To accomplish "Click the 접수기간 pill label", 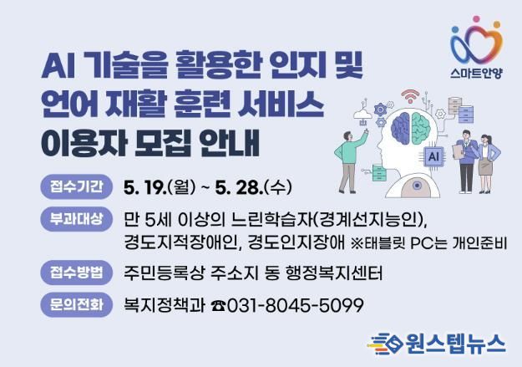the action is (76, 186).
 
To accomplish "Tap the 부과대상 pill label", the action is (76, 219).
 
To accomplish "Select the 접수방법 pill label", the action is (76, 273).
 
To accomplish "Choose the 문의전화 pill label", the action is (76, 304).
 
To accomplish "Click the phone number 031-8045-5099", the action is (295, 305).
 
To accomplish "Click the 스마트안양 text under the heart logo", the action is (476, 73).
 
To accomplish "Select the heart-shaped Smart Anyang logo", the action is (476, 40).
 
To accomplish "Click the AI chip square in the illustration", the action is (433, 156).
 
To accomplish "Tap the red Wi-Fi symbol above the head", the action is (410, 96).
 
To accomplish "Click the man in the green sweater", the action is (350, 161).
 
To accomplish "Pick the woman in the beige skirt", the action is (487, 163).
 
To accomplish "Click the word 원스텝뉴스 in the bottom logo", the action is (454, 344).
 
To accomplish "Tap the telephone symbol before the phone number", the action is (218, 306).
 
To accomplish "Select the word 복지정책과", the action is (164, 305).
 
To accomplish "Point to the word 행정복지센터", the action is (333, 273).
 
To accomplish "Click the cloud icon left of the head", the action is (362, 115).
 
